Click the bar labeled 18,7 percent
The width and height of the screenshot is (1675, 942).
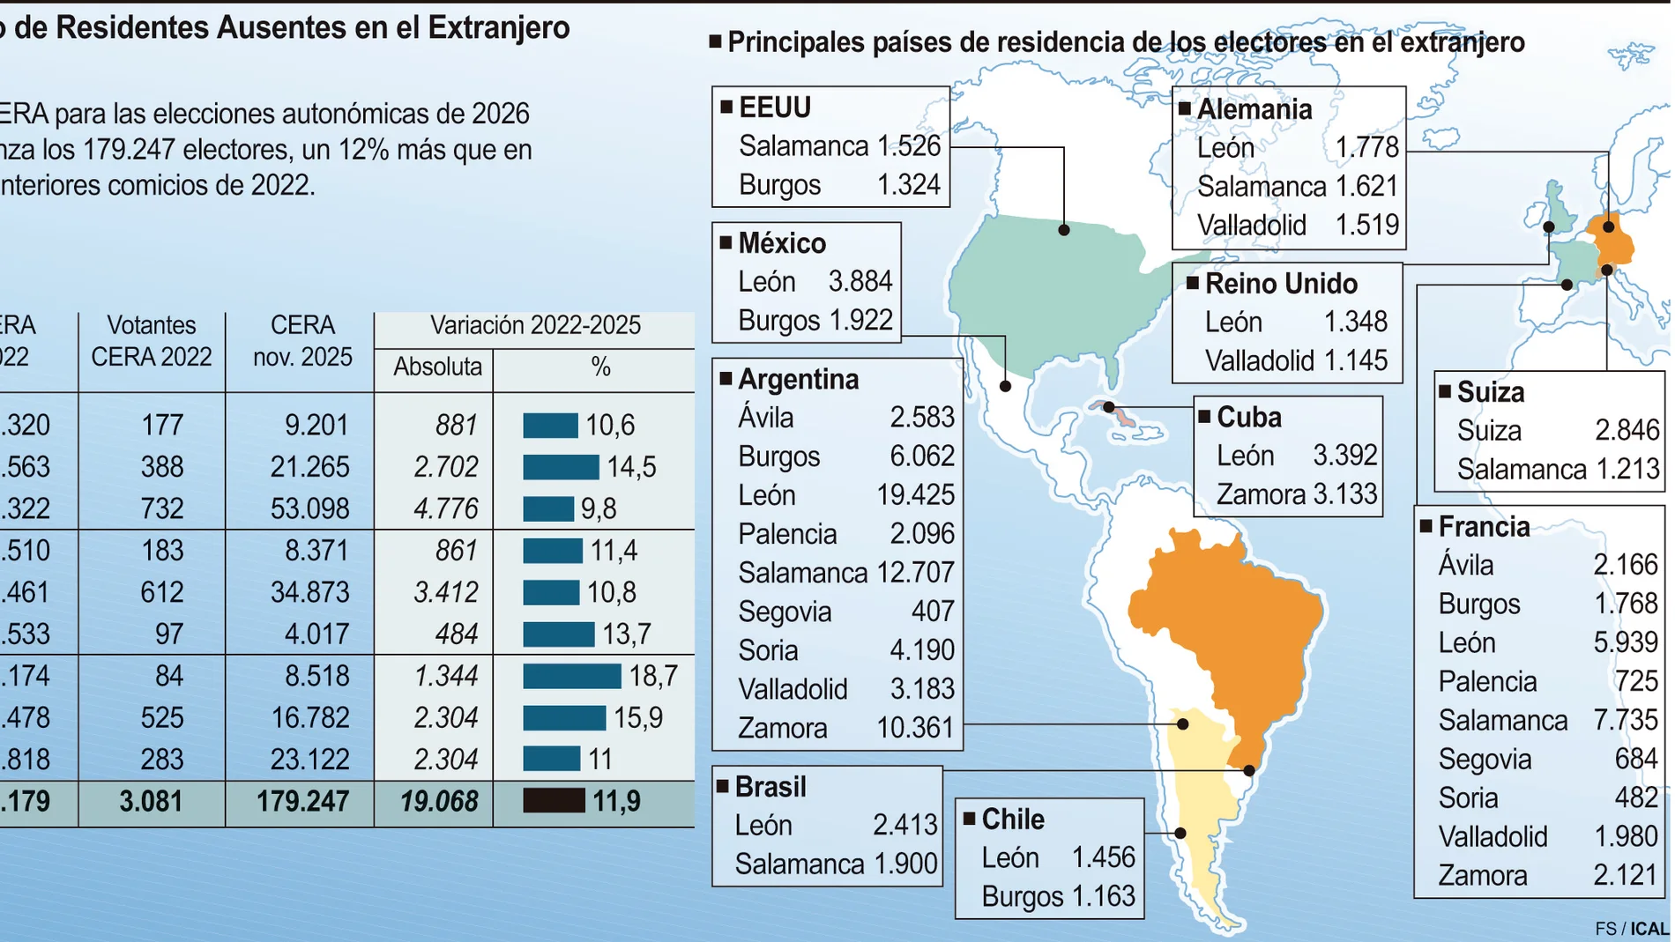pos(571,676)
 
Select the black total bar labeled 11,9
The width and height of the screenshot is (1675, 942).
pos(554,801)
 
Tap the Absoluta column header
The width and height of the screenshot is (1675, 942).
pos(437,367)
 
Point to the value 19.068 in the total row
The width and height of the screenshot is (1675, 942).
pos(439,802)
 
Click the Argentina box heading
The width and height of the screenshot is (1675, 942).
pos(798,379)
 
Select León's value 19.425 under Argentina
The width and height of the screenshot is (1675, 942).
pos(915,495)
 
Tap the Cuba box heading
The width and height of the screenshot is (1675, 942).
pos(1248,417)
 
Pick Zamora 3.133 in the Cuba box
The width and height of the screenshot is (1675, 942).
pos(1296,494)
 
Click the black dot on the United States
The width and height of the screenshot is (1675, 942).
pos(1064,230)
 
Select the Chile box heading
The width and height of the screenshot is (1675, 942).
pos(1013,820)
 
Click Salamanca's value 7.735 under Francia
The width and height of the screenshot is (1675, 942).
pos(1625,720)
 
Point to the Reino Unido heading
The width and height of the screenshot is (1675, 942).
pos(1280,284)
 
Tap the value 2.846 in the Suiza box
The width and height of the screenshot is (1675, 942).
pos(1627,430)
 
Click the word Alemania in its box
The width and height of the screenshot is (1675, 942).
pos(1254,109)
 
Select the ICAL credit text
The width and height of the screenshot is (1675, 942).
pos(1649,929)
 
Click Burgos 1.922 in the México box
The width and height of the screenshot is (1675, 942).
pos(815,320)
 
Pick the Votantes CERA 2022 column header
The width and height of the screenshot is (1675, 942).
pos(152,341)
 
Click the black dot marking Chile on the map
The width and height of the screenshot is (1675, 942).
pos(1180,833)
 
